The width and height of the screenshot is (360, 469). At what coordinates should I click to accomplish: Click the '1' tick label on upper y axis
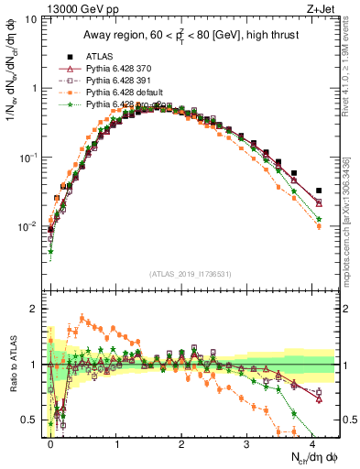point(35,88)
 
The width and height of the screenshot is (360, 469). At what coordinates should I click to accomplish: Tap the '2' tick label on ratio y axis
point(35,309)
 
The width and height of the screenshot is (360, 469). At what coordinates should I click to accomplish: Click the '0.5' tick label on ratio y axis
point(30,420)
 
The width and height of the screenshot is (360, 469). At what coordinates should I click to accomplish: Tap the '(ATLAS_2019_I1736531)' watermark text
point(189,275)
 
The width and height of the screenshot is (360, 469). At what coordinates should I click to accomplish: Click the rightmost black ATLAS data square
point(318,191)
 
